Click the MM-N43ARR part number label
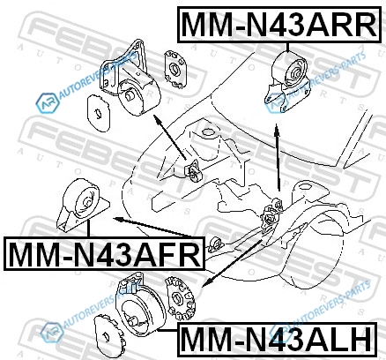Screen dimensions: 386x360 pyautogui.click(x=278, y=25)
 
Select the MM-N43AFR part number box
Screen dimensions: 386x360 pyautogui.click(x=104, y=253)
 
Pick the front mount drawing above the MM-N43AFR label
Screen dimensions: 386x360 pyautogui.click(x=83, y=204)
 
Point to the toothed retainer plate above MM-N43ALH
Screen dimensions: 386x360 pyautogui.click(x=180, y=298)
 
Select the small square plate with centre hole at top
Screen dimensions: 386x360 pyautogui.click(x=175, y=69)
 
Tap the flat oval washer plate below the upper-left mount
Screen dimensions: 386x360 pyautogui.click(x=99, y=113)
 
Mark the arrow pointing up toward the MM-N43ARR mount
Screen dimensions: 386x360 pyautogui.click(x=278, y=158)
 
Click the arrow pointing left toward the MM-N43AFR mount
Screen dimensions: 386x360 pyautogui.click(x=153, y=227)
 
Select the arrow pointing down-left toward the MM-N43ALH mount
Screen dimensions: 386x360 pyautogui.click(x=232, y=263)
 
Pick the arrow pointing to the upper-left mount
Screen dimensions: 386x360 pyautogui.click(x=170, y=137)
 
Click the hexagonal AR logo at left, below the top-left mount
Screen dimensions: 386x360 pyautogui.click(x=47, y=103)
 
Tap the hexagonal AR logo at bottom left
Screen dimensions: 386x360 pyautogui.click(x=52, y=332)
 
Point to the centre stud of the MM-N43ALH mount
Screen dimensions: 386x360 pyautogui.click(x=134, y=319)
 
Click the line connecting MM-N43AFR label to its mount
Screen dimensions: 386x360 pyautogui.click(x=88, y=229)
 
